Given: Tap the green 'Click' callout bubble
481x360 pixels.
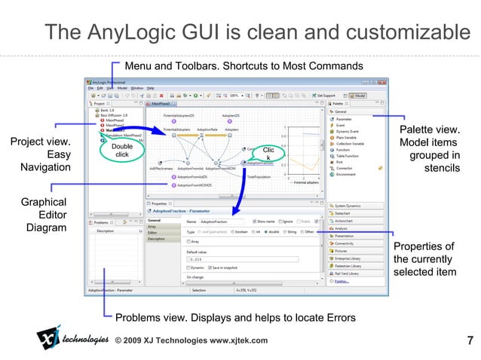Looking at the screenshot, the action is coord(268,154).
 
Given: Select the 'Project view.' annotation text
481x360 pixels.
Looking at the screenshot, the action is coord(40,142).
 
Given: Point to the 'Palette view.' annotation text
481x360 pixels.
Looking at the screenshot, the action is coord(430,130).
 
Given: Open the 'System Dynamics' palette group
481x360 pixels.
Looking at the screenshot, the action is coord(352,206).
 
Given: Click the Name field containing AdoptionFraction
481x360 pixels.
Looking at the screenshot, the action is coord(223,221).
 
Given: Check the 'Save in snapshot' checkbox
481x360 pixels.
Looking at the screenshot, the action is coord(208,267).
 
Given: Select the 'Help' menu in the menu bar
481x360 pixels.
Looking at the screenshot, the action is coord(151,88).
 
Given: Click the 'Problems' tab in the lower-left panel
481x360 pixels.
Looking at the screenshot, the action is coord(101,222).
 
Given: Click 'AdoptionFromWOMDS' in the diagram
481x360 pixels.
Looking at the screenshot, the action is coord(195,184).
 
